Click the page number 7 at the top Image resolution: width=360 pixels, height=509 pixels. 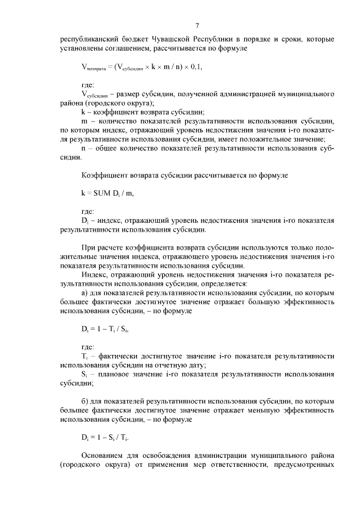click(197, 25)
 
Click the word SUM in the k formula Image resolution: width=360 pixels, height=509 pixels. click(103, 193)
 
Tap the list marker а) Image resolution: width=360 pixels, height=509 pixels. click(85, 293)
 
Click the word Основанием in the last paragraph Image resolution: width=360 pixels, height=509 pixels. click(103, 456)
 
